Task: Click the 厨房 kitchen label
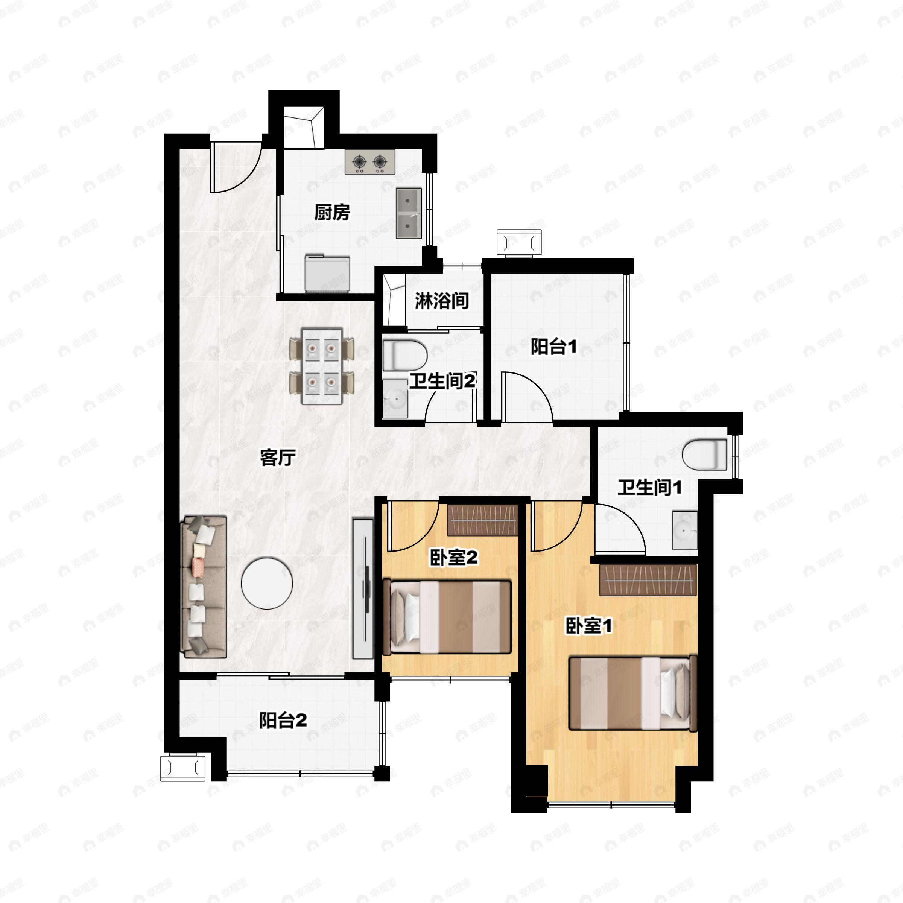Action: (x=332, y=213)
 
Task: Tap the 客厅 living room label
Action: (x=278, y=458)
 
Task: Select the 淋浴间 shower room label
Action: (x=442, y=301)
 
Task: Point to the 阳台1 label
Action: (x=554, y=347)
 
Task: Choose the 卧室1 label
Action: (x=588, y=626)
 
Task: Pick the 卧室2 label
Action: (x=454, y=558)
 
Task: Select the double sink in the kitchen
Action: (x=409, y=213)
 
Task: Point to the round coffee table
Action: (x=267, y=583)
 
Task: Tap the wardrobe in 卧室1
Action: (x=648, y=579)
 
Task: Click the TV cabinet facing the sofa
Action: (x=363, y=588)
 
